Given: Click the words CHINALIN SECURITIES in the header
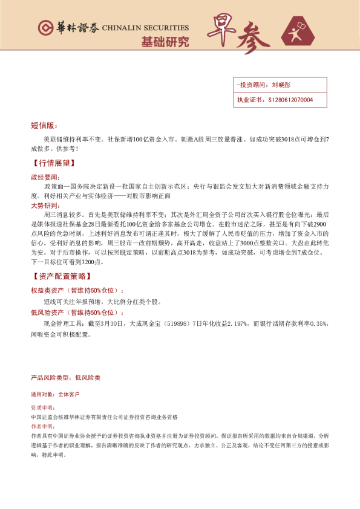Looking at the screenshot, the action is pos(146,28).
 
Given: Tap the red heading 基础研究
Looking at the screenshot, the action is pos(165,42).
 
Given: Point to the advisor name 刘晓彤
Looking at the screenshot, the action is pos(281,85).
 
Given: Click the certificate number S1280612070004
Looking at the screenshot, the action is pos(290,100).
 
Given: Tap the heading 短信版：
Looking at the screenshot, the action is pos(44,126).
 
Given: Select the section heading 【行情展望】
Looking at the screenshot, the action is pos(53,163).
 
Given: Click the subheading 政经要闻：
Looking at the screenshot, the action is pos(46,177).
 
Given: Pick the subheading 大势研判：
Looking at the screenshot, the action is pos(46,206).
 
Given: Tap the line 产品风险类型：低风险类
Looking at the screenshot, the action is pos(65,377).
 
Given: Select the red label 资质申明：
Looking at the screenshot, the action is pos(42,407).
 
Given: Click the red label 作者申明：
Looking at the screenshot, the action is pos(42,426).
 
